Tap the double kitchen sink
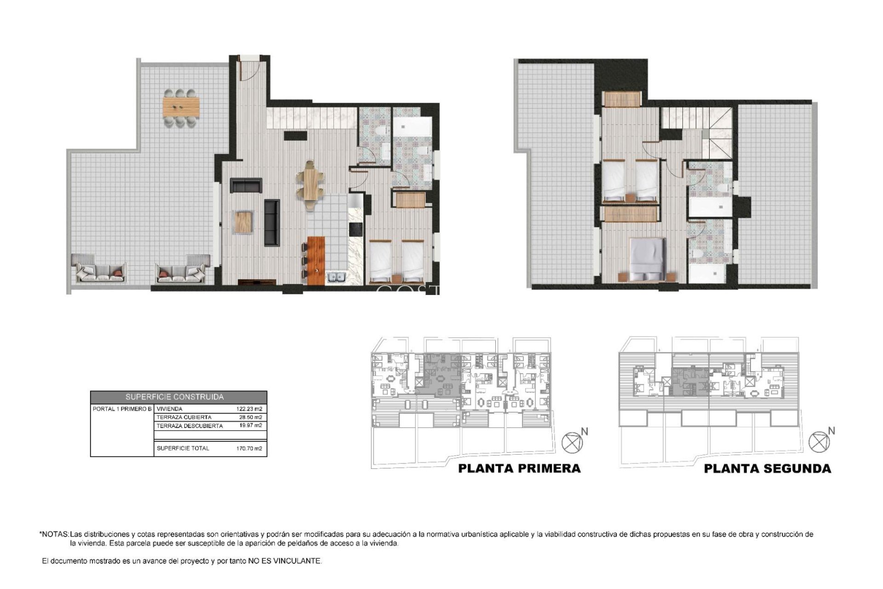(x=336, y=277)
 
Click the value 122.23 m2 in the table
(x=249, y=409)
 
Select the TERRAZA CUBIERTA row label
(x=184, y=417)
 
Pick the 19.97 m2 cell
(x=251, y=426)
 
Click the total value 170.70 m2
(x=249, y=448)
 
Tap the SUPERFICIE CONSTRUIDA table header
(x=178, y=397)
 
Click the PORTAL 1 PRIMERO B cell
(x=122, y=409)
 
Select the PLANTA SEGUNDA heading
(x=768, y=469)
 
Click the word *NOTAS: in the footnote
(x=54, y=535)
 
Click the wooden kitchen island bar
(x=316, y=260)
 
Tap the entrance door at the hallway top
(x=249, y=69)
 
